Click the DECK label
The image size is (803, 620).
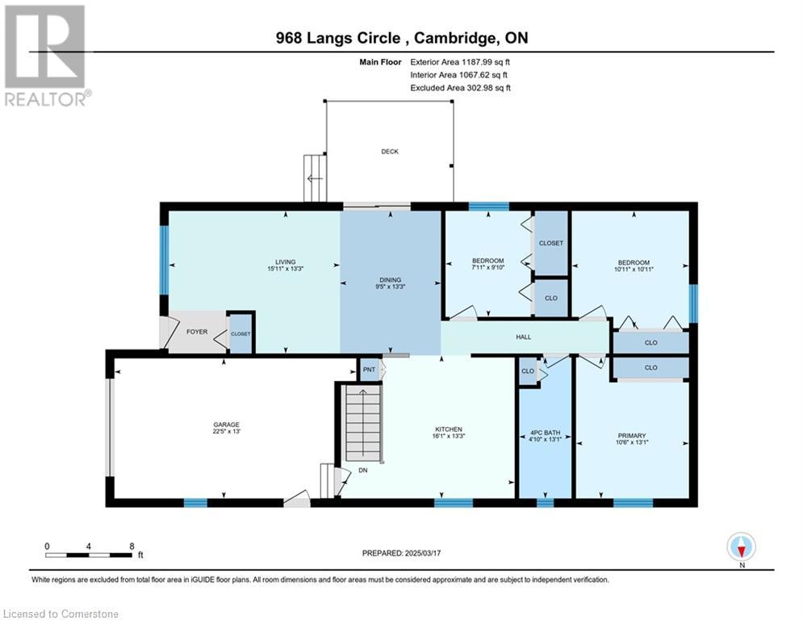[x=390, y=152]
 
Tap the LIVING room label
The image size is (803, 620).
[x=285, y=262]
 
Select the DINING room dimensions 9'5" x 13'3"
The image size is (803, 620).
[x=391, y=287]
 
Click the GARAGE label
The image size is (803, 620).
[x=226, y=425]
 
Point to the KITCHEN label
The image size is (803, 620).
[x=449, y=429]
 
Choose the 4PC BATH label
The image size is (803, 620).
[x=545, y=433]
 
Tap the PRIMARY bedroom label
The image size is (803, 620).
[x=631, y=436]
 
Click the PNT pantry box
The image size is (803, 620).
[x=370, y=370]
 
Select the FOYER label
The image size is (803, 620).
[x=197, y=332]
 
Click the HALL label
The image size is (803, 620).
[x=524, y=337]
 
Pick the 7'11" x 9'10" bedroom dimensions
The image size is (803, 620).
[x=488, y=267]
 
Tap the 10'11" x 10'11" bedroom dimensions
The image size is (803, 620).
[x=634, y=269]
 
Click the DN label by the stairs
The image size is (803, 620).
[x=362, y=470]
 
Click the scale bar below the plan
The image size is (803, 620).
[x=89, y=555]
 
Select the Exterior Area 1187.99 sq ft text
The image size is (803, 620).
[x=460, y=62]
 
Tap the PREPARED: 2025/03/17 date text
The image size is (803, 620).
[x=402, y=553]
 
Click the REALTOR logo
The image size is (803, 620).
[x=47, y=56]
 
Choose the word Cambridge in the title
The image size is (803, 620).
[x=454, y=38]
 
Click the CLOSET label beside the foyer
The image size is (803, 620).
[x=240, y=333]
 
